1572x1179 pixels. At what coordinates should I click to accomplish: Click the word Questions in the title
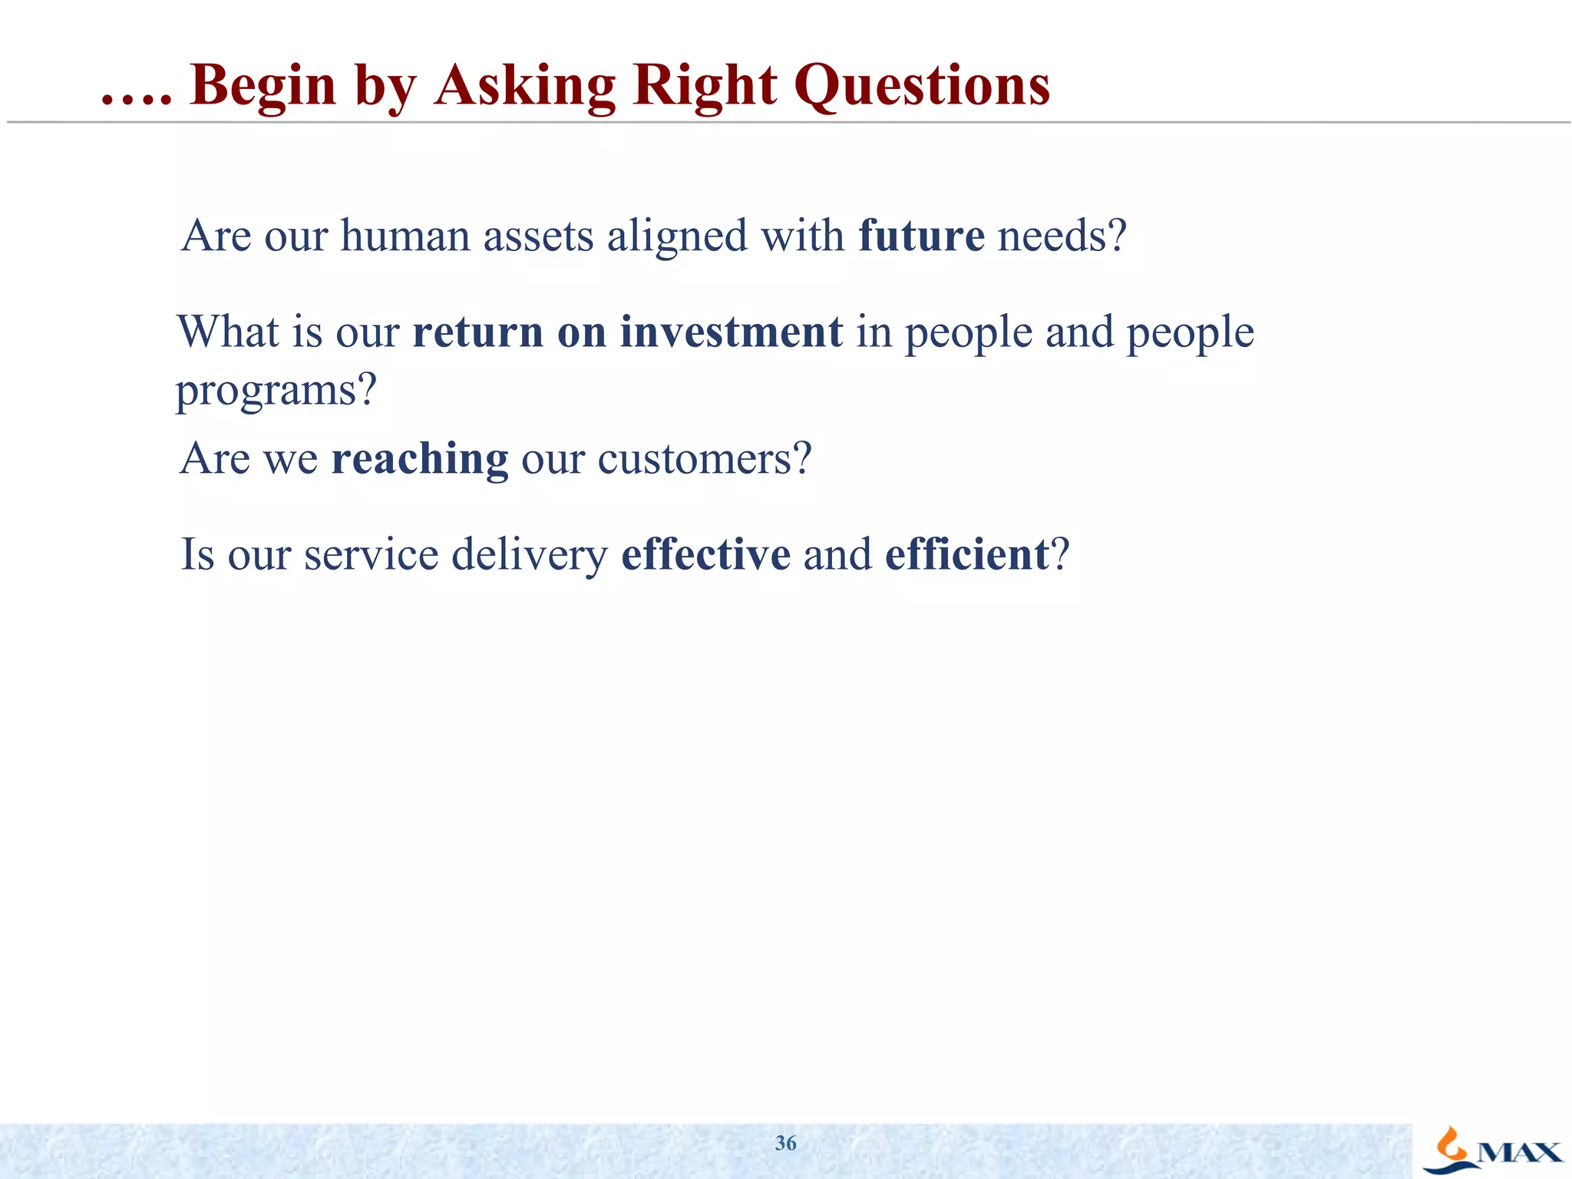pyautogui.click(x=922, y=85)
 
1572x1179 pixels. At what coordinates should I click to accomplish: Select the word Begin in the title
pyautogui.click(x=263, y=85)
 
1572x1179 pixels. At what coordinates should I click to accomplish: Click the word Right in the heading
pyautogui.click(x=705, y=85)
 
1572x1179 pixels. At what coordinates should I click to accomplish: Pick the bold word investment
pyautogui.click(x=731, y=332)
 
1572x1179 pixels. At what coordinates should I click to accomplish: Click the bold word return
pyautogui.click(x=477, y=332)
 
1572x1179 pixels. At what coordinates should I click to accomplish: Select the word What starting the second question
pyautogui.click(x=228, y=332)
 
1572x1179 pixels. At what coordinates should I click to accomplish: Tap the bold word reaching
pyautogui.click(x=419, y=459)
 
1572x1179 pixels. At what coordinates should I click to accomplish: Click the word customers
pyautogui.click(x=704, y=459)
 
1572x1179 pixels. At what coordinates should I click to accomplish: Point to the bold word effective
pyautogui.click(x=705, y=554)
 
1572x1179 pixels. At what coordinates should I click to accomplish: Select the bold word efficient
pyautogui.click(x=966, y=554)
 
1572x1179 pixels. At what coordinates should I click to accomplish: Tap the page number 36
pyautogui.click(x=785, y=1143)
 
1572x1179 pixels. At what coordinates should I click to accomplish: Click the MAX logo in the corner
pyautogui.click(x=1492, y=1150)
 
